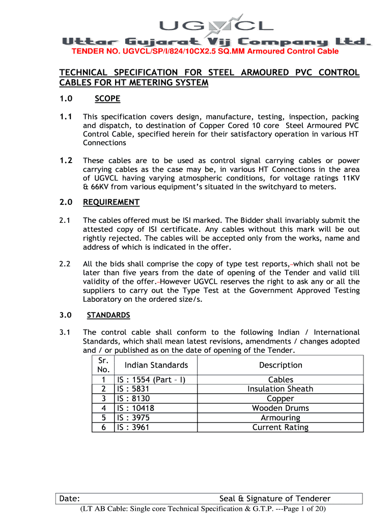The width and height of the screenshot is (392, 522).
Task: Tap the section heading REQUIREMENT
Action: (111, 202)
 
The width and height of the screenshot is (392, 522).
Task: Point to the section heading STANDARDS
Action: (108, 315)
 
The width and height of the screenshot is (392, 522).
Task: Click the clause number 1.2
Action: (66, 160)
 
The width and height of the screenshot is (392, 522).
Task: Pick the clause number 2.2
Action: (65, 264)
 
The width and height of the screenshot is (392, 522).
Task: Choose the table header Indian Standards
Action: (156, 365)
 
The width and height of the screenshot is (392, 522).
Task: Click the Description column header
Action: (281, 365)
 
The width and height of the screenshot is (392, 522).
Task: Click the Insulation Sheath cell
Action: (281, 389)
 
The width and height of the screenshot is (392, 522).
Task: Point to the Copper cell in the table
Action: (281, 399)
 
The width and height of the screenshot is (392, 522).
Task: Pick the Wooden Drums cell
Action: (281, 408)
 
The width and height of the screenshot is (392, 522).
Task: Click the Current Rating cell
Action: (281, 427)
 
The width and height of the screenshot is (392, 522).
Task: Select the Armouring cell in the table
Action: (281, 418)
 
